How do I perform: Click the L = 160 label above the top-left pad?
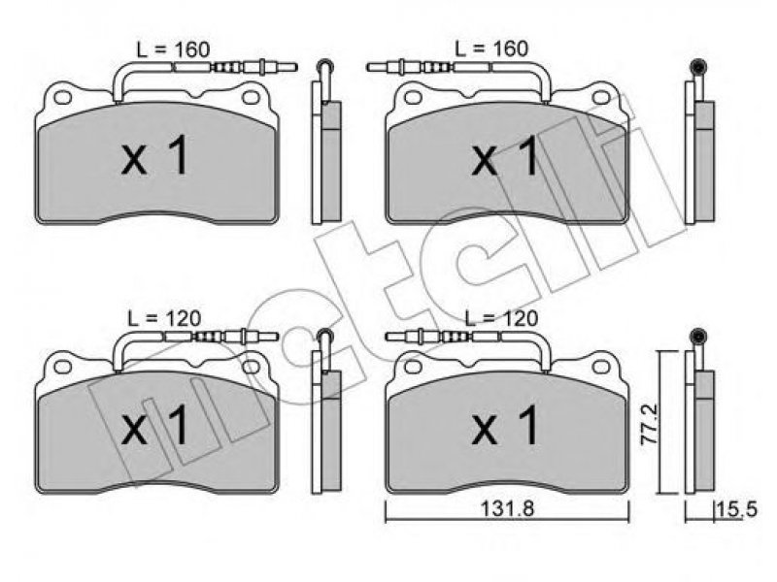(x=173, y=49)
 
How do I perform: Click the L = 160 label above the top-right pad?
(x=491, y=48)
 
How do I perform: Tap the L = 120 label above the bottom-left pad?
(x=164, y=318)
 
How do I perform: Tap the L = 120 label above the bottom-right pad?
(x=501, y=318)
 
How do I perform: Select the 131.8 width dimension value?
(x=507, y=509)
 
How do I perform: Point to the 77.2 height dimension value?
(x=650, y=425)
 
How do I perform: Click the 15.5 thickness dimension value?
(x=738, y=509)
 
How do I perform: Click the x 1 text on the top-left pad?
(x=154, y=156)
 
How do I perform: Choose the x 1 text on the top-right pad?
(x=505, y=156)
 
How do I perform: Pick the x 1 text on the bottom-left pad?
(x=154, y=425)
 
